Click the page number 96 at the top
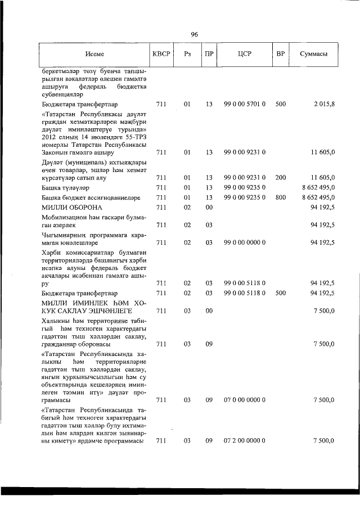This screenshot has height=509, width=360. click(194, 34)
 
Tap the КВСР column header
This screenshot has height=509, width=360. click(161, 55)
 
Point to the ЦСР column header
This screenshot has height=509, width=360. click(244, 55)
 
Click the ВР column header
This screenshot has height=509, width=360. click(281, 55)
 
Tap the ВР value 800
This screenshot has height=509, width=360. click(281, 197)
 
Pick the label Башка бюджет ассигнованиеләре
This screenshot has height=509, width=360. click(91, 197)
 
